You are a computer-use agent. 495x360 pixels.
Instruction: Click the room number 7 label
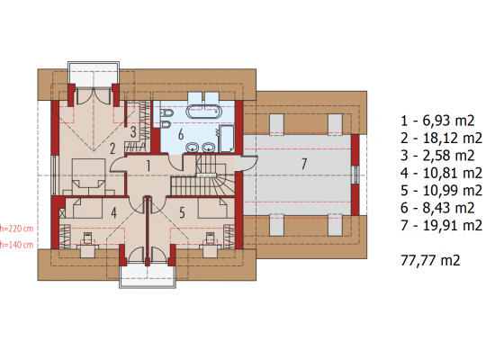click(x=303, y=164)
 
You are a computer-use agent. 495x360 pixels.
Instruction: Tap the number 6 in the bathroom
click(x=181, y=134)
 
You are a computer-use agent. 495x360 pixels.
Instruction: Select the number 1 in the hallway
click(x=148, y=166)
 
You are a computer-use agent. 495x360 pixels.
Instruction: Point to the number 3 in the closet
click(x=133, y=132)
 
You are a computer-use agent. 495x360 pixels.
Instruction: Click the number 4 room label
click(x=113, y=212)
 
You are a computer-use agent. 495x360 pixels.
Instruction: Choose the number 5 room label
click(x=182, y=212)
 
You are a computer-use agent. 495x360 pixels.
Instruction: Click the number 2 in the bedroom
click(x=112, y=148)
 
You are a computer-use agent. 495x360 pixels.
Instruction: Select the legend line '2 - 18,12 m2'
click(x=441, y=139)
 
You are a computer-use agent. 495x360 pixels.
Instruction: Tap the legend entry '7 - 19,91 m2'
click(x=441, y=226)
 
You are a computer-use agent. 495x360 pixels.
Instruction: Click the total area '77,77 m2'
click(x=430, y=260)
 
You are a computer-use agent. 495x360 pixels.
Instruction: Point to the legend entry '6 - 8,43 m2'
click(x=437, y=208)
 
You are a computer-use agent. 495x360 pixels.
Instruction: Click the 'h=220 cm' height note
click(x=16, y=229)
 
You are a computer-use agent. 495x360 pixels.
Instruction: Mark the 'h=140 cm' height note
click(x=16, y=245)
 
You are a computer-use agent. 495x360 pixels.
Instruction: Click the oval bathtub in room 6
click(x=204, y=112)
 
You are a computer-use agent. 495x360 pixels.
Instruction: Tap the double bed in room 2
click(x=89, y=176)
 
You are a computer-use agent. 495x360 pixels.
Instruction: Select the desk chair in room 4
click(x=87, y=238)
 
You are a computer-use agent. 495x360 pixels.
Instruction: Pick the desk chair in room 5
click(x=210, y=238)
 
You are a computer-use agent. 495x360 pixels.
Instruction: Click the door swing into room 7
click(x=247, y=163)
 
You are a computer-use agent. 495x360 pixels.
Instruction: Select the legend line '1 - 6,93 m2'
click(x=437, y=121)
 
